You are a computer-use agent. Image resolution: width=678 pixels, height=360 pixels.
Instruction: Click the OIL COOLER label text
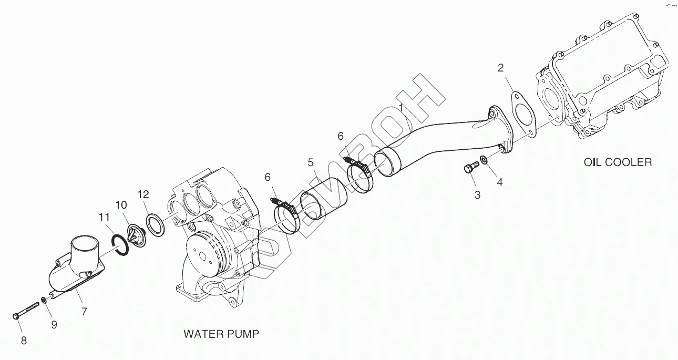point(618,162)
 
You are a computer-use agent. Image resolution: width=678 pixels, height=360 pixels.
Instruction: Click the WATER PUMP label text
point(221,334)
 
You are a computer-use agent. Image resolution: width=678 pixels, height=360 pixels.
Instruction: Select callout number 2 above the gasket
point(500,67)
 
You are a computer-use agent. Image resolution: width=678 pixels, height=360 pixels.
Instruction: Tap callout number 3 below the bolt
point(477,195)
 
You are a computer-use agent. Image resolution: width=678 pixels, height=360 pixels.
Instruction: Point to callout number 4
point(500,182)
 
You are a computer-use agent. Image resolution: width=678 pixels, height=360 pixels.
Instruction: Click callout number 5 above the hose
point(311,162)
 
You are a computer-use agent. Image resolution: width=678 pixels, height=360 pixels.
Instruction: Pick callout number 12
point(143,194)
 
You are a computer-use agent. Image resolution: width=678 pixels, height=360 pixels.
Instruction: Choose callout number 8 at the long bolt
point(24,340)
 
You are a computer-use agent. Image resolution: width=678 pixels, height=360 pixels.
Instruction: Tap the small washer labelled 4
point(484,160)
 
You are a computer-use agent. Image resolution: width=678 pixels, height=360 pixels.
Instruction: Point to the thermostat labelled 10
point(138,235)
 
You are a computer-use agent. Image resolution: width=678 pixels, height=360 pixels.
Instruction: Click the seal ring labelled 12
point(155,224)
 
